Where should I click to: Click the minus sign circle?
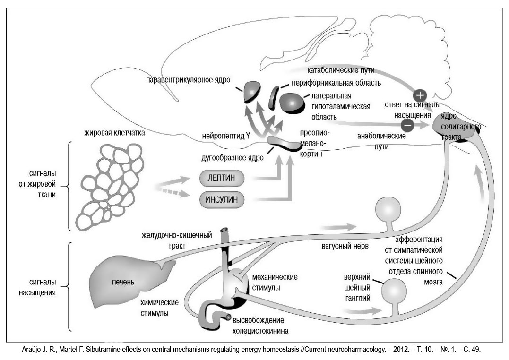pyautogui.click(x=407, y=125)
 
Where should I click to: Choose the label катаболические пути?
pyautogui.click(x=341, y=70)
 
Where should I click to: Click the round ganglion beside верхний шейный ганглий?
pyautogui.click(x=393, y=291)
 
